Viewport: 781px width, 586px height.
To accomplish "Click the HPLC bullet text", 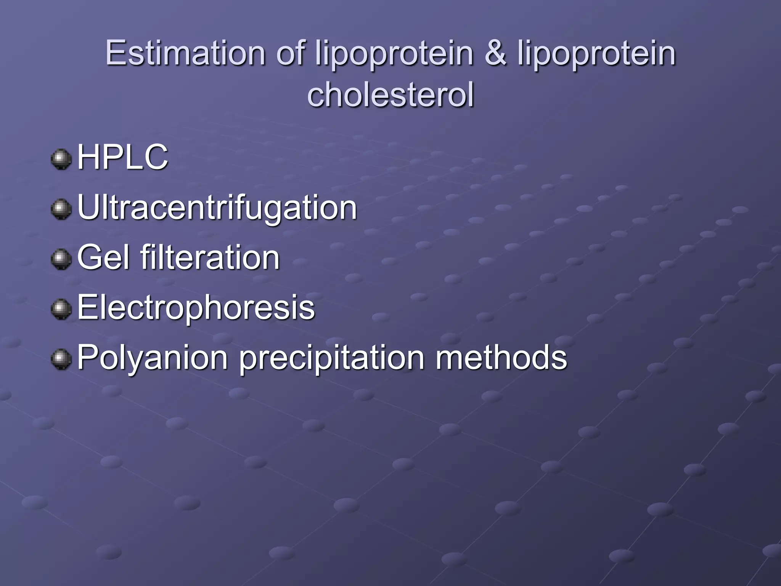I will [x=122, y=157].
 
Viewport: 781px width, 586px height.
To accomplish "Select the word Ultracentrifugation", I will [x=217, y=208].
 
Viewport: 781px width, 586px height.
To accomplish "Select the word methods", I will [x=501, y=357].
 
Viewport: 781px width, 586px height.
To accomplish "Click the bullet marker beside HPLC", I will [x=61, y=159].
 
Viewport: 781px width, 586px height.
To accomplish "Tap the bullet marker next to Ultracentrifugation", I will [x=61, y=209].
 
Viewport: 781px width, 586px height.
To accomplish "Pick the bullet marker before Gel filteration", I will [x=61, y=259].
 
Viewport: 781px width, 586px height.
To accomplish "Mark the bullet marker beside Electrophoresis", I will [x=61, y=309].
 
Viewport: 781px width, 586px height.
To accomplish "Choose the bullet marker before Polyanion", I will [x=61, y=359].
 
